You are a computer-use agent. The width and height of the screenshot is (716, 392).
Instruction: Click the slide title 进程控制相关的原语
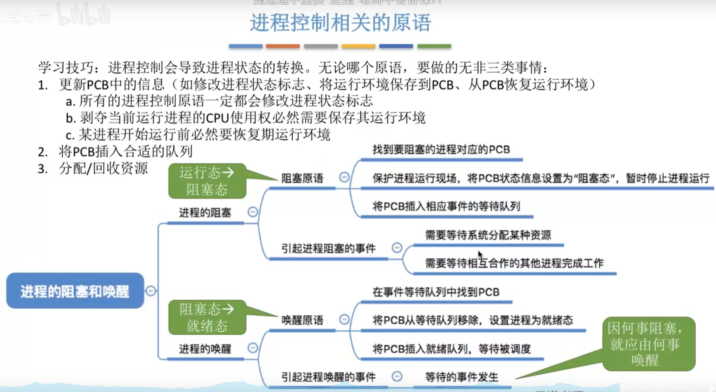[x=340, y=23]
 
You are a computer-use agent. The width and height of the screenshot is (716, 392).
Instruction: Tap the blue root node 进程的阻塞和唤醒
[x=75, y=291]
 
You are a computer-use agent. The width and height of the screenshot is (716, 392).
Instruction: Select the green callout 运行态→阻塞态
[x=207, y=181]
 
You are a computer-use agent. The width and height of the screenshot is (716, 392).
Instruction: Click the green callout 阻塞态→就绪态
[x=207, y=317]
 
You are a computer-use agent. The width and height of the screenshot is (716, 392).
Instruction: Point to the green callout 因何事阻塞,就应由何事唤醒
[x=649, y=344]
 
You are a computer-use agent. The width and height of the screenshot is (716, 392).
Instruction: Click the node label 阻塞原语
[x=302, y=178]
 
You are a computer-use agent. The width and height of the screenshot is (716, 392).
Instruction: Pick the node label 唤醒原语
[x=302, y=320]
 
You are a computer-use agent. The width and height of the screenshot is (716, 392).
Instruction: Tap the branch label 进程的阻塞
[x=205, y=213]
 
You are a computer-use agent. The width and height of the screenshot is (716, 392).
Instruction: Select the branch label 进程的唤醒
[x=205, y=349]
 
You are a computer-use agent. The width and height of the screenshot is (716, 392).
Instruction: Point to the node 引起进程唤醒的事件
[x=328, y=377]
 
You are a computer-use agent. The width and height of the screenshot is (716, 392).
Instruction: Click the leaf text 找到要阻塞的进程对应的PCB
[x=441, y=149]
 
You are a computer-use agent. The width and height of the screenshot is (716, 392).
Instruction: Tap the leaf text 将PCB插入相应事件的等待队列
[x=446, y=206]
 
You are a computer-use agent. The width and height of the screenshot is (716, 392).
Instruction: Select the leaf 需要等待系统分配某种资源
[x=488, y=235]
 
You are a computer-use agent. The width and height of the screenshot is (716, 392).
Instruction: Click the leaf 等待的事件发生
[x=461, y=377]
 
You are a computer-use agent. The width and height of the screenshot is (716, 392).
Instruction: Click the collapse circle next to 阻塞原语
[x=344, y=177]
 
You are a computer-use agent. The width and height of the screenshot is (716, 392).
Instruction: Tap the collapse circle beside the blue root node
[x=151, y=291]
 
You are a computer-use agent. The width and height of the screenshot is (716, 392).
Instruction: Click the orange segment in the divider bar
[x=283, y=46]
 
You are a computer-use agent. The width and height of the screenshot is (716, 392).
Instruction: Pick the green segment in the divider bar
[x=434, y=46]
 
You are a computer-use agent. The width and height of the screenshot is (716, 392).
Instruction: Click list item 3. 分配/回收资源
[x=93, y=168]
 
